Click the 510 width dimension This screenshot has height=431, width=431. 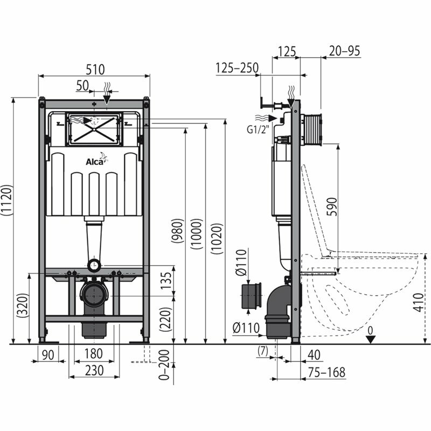tap(94, 69)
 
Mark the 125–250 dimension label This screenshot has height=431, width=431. tap(237, 68)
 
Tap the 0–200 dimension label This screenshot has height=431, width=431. tap(166, 365)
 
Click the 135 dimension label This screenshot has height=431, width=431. tap(166, 280)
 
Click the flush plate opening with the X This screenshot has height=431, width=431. tap(94, 129)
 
